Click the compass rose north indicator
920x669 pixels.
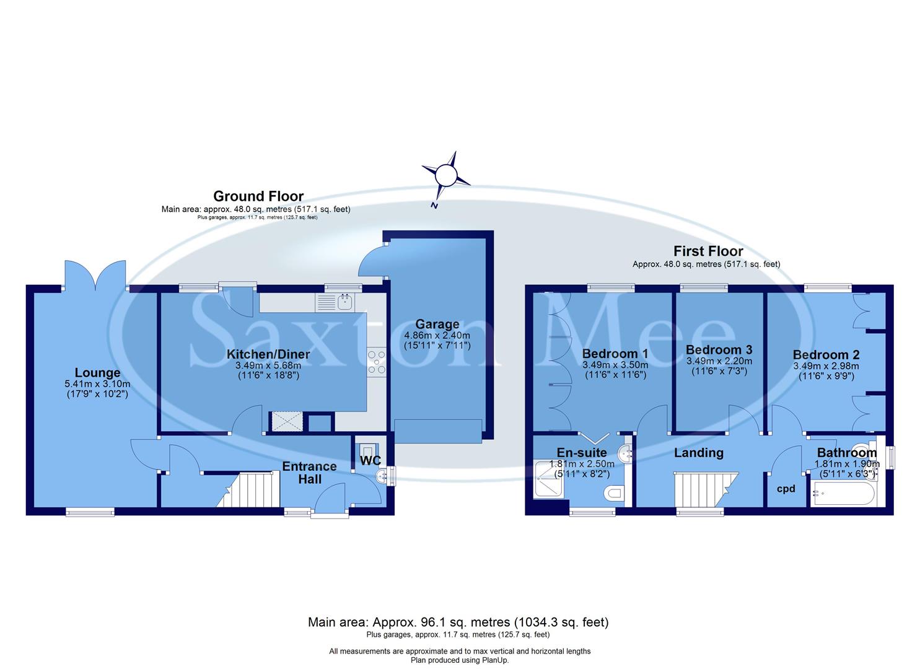[x=445, y=176]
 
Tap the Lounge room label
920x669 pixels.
[x=97, y=373]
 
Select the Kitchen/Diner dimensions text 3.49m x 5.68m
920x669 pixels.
[x=268, y=365]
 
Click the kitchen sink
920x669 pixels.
[x=344, y=302]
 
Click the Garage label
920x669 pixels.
[x=437, y=324]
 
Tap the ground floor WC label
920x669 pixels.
[x=370, y=461]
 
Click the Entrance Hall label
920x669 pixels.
[x=309, y=473]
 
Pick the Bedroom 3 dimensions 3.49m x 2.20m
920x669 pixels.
[x=719, y=361]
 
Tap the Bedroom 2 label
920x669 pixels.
[x=826, y=355]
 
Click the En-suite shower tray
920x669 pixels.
[x=549, y=479]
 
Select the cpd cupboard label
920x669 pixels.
[x=786, y=489]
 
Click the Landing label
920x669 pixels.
[x=698, y=453]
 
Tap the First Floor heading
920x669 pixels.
[x=708, y=251]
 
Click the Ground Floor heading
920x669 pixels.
[x=258, y=196]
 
